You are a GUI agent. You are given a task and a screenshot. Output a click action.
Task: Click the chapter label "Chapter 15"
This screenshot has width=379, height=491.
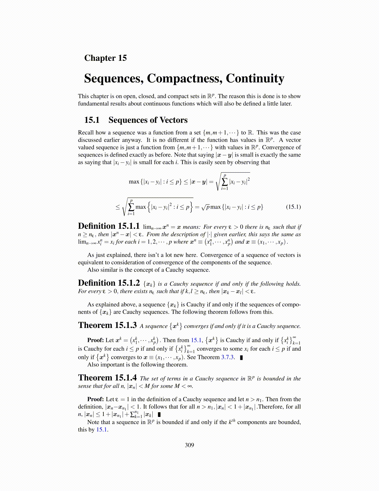pos(105,58)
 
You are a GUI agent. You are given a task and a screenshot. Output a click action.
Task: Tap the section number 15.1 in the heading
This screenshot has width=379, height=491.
pos(92,120)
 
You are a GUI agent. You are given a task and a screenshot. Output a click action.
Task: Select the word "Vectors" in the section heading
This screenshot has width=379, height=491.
pos(173,120)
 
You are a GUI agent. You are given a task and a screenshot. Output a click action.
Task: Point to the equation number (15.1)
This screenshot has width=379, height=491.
pos(293,207)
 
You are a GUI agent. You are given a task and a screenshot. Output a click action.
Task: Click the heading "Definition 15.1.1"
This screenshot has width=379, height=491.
pos(109,226)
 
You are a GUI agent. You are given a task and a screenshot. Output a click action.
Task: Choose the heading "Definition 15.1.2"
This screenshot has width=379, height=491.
pos(109,283)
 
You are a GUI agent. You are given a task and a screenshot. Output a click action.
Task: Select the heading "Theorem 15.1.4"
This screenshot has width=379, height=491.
pos(107,378)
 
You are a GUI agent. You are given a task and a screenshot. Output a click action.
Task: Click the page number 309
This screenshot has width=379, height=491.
pos(189,445)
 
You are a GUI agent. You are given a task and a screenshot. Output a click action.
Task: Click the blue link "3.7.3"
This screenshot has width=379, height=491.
pos(227,357)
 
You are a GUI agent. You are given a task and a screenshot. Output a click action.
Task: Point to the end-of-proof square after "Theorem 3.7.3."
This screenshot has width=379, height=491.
pos(241,357)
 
